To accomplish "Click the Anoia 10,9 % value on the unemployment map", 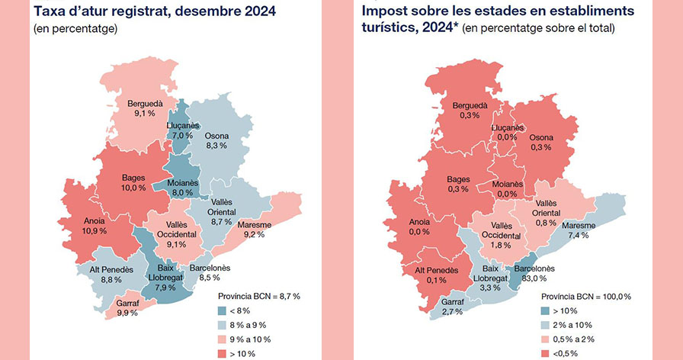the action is [95, 231].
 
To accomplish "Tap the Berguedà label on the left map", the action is [145, 104].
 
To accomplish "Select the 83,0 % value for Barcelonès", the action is [534, 278].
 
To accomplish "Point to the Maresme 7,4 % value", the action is [578, 236].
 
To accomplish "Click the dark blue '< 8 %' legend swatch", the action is [222, 310].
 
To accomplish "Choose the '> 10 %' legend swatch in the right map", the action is [545, 310].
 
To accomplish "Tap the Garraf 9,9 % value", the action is [127, 313].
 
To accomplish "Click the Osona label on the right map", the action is [541, 138].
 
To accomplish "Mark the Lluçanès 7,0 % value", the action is [182, 136].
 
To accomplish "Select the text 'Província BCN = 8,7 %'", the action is [258, 297].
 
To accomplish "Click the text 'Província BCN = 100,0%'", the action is [586, 297].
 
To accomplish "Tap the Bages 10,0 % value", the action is [133, 188].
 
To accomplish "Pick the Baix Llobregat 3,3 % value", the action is [490, 288].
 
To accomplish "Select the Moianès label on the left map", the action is [182, 183].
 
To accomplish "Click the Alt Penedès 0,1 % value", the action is [436, 280].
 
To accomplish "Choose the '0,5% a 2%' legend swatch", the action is [545, 339].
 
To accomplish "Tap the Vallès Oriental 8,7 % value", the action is [221, 222].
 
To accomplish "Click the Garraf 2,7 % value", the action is [452, 312].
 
